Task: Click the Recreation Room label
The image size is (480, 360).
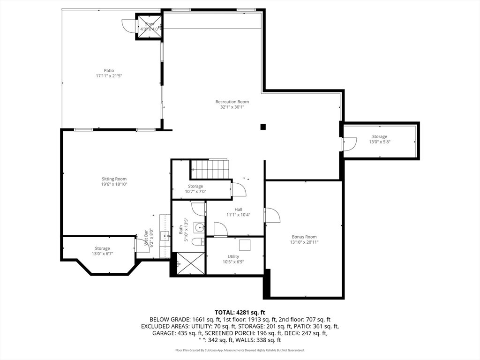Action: (232, 102)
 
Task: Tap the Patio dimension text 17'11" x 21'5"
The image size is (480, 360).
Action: (109, 75)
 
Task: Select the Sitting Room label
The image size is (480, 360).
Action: (114, 179)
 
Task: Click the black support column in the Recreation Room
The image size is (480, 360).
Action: (263, 127)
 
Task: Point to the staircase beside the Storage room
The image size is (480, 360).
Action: (210, 169)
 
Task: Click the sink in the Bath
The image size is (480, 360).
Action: (200, 227)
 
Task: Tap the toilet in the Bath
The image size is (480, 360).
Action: (198, 242)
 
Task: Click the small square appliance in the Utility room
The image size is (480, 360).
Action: (245, 245)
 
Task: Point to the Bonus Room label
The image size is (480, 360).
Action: (304, 237)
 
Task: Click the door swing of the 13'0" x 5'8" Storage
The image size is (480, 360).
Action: (350, 144)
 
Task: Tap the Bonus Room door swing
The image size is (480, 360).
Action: (272, 215)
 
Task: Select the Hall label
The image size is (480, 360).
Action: (239, 210)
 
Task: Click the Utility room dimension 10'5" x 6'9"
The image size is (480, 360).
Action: (233, 262)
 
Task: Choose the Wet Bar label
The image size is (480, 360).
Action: (146, 238)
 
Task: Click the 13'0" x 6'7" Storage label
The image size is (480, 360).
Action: (102, 248)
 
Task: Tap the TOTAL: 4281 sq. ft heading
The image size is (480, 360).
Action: (240, 313)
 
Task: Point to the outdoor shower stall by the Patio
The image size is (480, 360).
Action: (149, 26)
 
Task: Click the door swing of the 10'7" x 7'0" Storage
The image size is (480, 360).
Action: (239, 189)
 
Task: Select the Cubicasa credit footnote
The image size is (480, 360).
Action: (240, 350)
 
